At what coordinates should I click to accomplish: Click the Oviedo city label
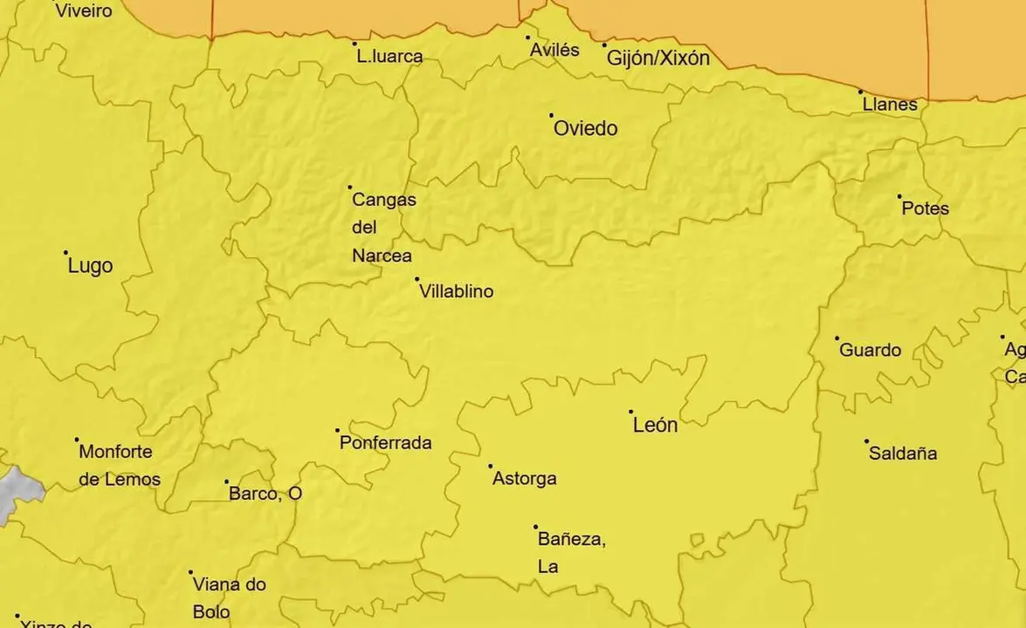586,129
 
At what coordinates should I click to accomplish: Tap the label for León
655,426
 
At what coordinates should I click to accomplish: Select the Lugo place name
90,267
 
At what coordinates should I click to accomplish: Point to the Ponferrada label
385,443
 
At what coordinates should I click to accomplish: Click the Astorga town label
524,479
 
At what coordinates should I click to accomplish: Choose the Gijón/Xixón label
658,58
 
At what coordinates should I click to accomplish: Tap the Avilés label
554,51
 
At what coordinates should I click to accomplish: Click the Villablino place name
456,291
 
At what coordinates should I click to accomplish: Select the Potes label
925,209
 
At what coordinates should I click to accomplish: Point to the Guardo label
870,351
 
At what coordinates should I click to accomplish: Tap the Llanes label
889,105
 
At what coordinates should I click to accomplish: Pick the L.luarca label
389,58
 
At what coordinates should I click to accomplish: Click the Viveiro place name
83,11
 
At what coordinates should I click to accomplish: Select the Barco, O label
265,495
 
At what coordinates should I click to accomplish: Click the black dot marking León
631,411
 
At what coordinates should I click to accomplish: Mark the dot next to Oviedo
551,115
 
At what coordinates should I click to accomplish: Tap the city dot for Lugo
66,253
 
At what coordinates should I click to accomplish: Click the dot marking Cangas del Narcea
350,187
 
